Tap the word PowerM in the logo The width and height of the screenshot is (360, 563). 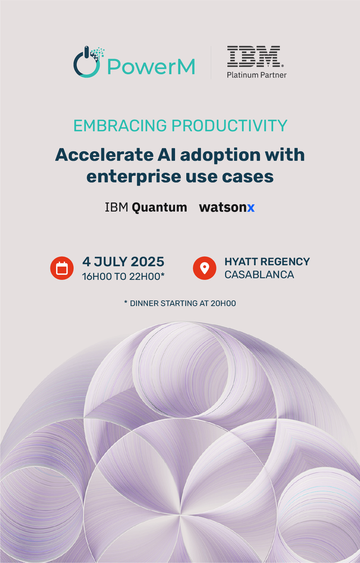[151, 67]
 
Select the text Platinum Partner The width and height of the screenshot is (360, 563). [257, 75]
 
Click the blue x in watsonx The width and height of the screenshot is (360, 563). [251, 208]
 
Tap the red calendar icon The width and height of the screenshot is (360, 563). [62, 268]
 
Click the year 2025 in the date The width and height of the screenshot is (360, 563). [148, 262]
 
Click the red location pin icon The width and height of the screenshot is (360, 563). [205, 268]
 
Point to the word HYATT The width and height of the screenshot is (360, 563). [241, 262]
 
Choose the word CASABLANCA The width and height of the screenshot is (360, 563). [259, 275]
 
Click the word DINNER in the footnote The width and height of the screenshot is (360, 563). [144, 303]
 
